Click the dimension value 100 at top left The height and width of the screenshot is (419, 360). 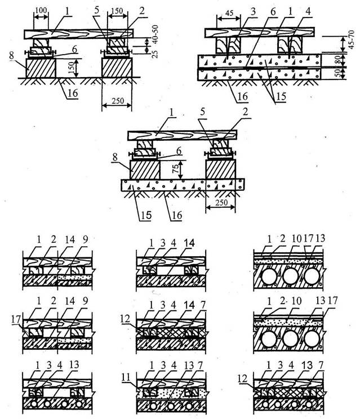pos(41,10)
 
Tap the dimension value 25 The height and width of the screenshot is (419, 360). pos(155,54)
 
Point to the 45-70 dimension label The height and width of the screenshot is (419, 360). pos(352,39)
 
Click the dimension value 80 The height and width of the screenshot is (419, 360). pos(337,60)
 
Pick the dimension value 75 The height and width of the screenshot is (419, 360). pos(177,169)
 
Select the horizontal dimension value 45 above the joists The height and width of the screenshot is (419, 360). pos(229,14)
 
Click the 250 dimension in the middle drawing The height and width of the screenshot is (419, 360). pos(221,203)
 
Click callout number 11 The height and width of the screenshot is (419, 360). pos(126,377)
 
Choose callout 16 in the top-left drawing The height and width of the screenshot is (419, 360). pos(72,93)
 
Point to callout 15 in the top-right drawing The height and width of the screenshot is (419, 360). pos(281,96)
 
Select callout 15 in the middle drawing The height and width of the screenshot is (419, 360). pos(146,215)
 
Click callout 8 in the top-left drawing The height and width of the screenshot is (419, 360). pos(11,56)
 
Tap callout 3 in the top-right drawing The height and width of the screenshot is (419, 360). pos(253,11)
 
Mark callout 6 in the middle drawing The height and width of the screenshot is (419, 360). pos(179,151)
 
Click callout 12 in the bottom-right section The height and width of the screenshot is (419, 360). pos(243,378)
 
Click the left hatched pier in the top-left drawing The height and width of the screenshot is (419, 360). pos(41,68)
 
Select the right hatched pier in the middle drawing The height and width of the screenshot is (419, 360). pos(221,170)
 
